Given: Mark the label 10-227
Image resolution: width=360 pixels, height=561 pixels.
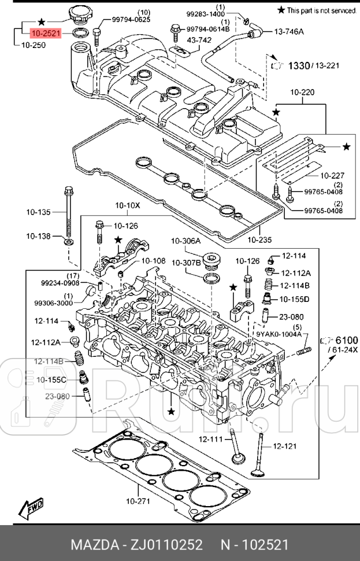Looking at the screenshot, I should (x=316, y=175).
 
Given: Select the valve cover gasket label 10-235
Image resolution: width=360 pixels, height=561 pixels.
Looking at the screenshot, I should (x=258, y=240).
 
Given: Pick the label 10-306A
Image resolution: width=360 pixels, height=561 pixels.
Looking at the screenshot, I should (x=185, y=241).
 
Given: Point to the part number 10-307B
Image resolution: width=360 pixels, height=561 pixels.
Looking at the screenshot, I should (x=185, y=263).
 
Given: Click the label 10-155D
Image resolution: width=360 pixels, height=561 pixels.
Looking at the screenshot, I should (x=295, y=299).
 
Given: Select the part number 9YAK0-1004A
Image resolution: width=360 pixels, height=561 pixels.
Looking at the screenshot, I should (x=279, y=334).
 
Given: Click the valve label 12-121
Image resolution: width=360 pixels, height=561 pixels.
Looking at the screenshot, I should (x=284, y=445).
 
